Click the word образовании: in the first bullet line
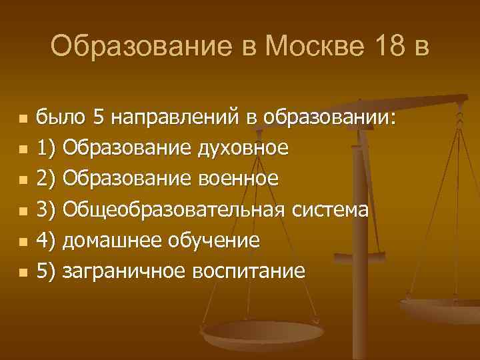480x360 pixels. tap(330, 119)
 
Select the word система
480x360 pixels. tap(331, 211)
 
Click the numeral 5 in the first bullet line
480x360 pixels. tap(99, 119)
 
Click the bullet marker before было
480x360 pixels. tap(23, 120)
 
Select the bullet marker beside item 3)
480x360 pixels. tap(23, 212)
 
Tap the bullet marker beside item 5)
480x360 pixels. tap(23, 273)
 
